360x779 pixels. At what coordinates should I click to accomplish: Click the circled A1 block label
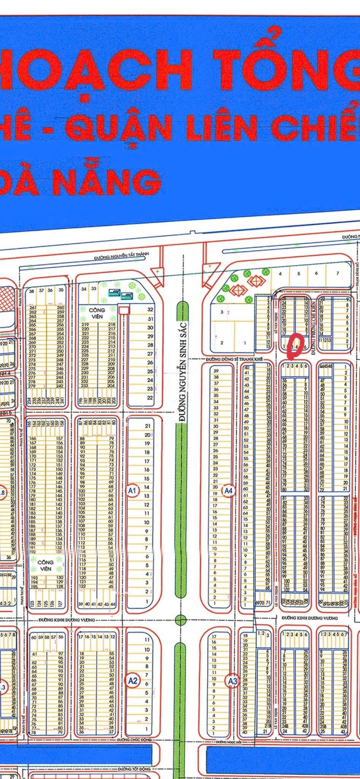132,491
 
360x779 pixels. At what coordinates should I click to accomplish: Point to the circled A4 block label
228,491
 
